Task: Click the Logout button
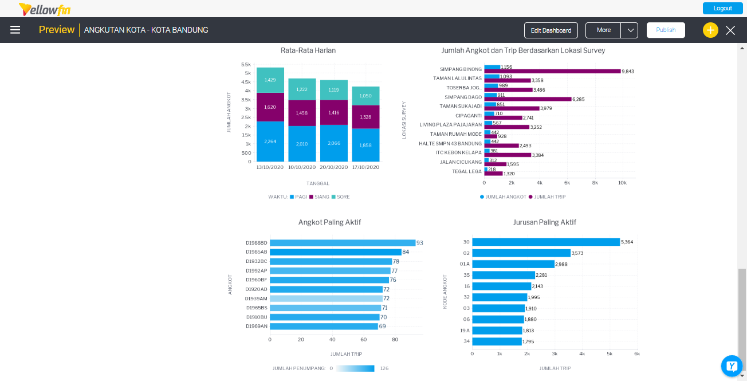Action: pyautogui.click(x=722, y=9)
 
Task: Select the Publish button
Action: pyautogui.click(x=666, y=30)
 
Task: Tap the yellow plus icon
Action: pyautogui.click(x=710, y=30)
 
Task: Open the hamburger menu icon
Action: pyautogui.click(x=15, y=30)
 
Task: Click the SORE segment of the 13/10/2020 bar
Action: pyautogui.click(x=270, y=80)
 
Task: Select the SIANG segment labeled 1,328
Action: pyautogui.click(x=365, y=117)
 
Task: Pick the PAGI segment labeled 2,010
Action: pyautogui.click(x=302, y=144)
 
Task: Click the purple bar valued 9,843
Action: pyautogui.click(x=552, y=72)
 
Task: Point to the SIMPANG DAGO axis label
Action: pyautogui.click(x=463, y=97)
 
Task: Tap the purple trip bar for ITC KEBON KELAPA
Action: pyautogui.click(x=508, y=155)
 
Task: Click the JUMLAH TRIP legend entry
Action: pyautogui.click(x=547, y=197)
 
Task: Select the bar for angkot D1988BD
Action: pyautogui.click(x=343, y=243)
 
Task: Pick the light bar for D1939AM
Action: pyautogui.click(x=326, y=298)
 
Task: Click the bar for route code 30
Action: pyautogui.click(x=546, y=242)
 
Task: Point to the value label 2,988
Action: pyautogui.click(x=561, y=264)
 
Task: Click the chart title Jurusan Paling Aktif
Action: pyautogui.click(x=544, y=222)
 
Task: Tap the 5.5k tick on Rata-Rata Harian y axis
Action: pyautogui.click(x=246, y=64)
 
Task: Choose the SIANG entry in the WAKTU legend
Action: pyautogui.click(x=319, y=197)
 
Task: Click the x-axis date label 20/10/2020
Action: pyautogui.click(x=333, y=167)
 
